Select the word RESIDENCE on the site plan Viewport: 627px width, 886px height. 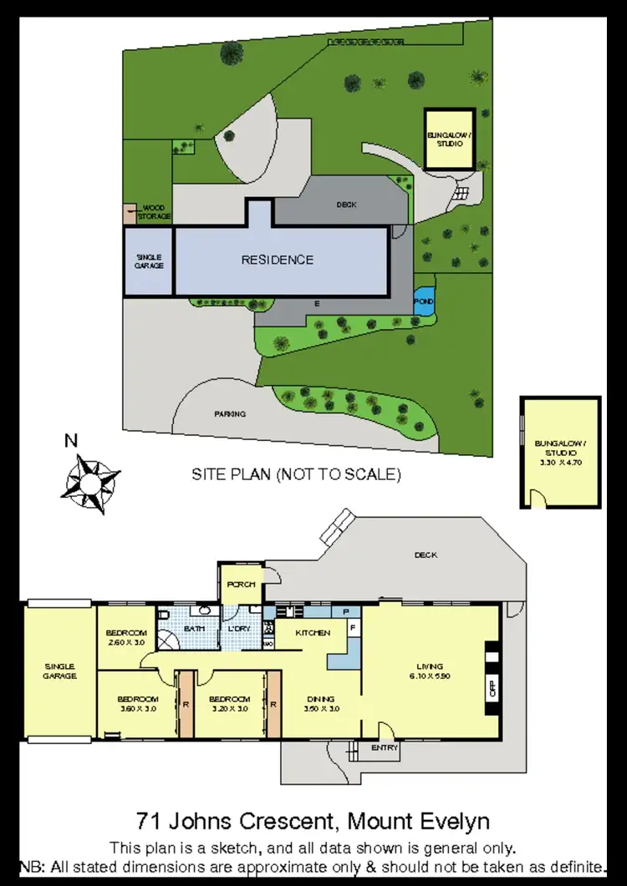[278, 260]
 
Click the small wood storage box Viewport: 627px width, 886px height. [129, 213]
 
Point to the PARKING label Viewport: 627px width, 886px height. [230, 413]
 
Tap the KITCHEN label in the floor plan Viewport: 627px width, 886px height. [313, 633]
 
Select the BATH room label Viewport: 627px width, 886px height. [195, 628]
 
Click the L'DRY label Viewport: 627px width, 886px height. [239, 628]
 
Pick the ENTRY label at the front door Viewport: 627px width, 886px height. [385, 748]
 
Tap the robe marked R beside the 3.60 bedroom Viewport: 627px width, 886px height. [185, 704]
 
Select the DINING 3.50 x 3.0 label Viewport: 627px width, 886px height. [320, 704]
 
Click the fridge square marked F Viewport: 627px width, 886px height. [353, 626]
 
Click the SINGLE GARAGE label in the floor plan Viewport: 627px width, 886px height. [60, 671]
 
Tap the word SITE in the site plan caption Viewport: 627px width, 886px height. [209, 474]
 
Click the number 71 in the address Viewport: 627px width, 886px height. [147, 820]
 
